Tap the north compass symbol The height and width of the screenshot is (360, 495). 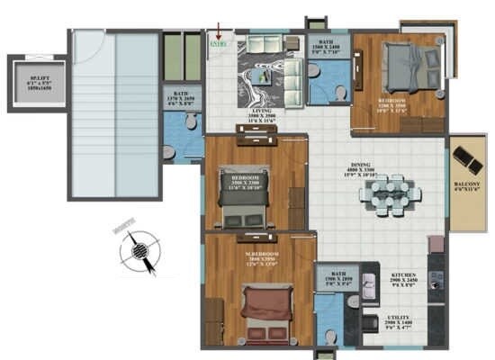139,250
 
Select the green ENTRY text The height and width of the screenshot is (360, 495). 216,42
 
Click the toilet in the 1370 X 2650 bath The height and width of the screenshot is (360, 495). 170,153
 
